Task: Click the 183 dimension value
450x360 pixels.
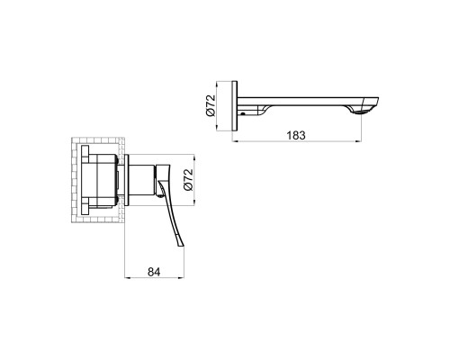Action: (296, 135)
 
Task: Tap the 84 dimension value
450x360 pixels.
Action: (154, 272)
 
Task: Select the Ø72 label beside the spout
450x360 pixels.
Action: (211, 105)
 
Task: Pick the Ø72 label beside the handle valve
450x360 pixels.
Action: (188, 179)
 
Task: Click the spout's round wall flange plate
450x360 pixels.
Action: (235, 105)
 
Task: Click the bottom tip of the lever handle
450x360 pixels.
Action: (181, 247)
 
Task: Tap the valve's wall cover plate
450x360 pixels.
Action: (126, 180)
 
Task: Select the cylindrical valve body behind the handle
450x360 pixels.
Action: (141, 180)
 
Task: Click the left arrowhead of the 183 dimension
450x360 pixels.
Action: (235, 140)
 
